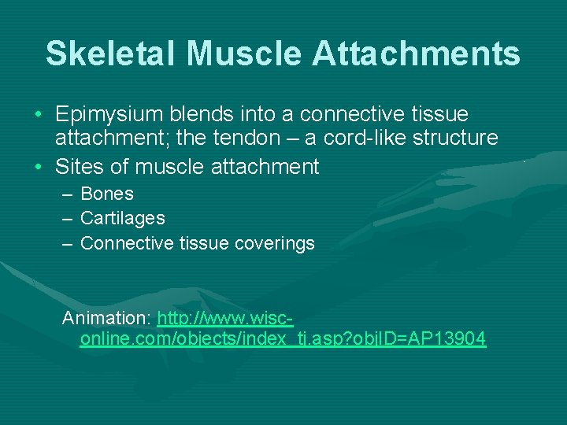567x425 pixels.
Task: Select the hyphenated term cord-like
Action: pyautogui.click(x=387, y=138)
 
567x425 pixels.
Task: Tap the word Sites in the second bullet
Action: pyautogui.click(x=77, y=166)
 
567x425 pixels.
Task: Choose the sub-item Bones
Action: pyautogui.click(x=107, y=194)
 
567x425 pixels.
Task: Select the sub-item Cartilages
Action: pyautogui.click(x=123, y=218)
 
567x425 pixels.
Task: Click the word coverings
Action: pyautogui.click(x=275, y=243)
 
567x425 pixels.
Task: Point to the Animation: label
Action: pyautogui.click(x=107, y=319)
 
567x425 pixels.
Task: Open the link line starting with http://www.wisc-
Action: pyautogui.click(x=225, y=319)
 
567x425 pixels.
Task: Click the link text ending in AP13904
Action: pyautogui.click(x=283, y=339)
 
